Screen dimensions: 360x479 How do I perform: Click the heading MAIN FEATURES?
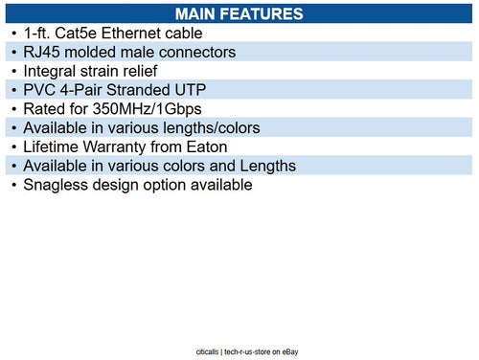240,13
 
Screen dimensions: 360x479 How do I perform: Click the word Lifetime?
57,147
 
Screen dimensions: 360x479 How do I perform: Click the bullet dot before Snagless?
12,185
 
